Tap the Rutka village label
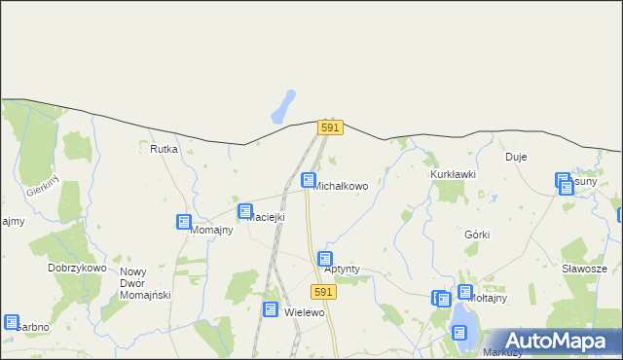tap(164, 149)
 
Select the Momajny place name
tap(211, 230)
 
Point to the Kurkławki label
tap(453, 174)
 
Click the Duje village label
tap(516, 156)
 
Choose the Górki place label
tap(477, 234)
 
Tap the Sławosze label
tap(584, 269)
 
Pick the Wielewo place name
tap(304, 312)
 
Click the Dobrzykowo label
tap(77, 267)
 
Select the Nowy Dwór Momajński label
tap(145, 283)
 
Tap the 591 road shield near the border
tap(330, 127)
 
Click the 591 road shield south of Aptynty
tap(325, 292)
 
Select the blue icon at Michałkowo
tap(309, 180)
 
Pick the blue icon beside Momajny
tap(183, 222)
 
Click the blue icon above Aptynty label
tap(325, 259)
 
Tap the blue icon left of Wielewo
tap(270, 308)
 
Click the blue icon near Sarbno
tap(11, 322)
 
